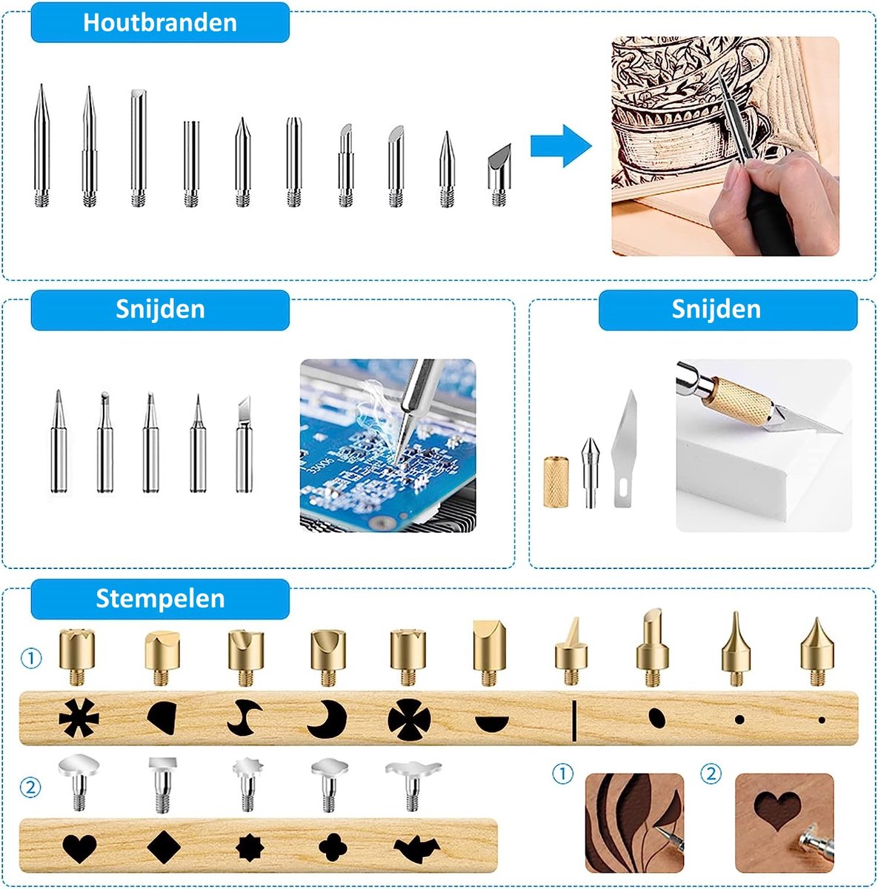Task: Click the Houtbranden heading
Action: (159, 22)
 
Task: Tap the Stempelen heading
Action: (159, 599)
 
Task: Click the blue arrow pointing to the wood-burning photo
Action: (561, 146)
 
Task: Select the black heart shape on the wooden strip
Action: (79, 848)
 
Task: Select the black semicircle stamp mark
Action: (492, 722)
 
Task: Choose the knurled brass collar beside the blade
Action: (555, 482)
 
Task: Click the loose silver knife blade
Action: (625, 449)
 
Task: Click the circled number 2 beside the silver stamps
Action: (30, 786)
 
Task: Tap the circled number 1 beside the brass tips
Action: (30, 658)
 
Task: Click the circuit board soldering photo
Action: (388, 445)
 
